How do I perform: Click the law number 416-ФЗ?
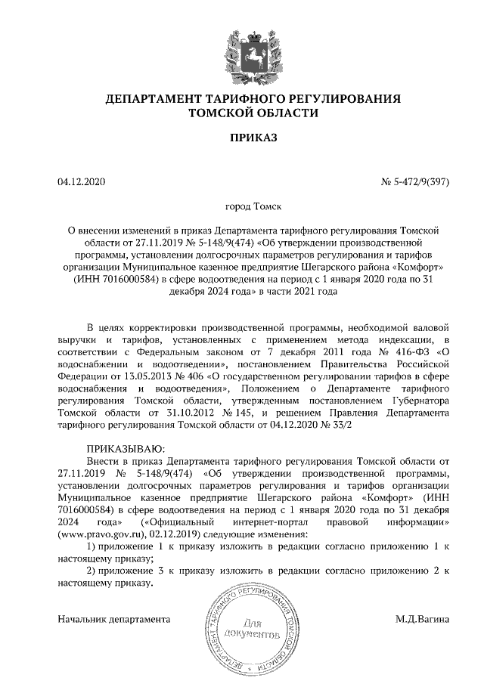tap(412, 351)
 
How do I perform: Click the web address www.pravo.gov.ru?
tap(98, 534)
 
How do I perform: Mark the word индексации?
tap(385, 339)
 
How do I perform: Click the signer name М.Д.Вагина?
tap(422, 619)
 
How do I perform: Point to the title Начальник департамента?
tap(114, 619)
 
